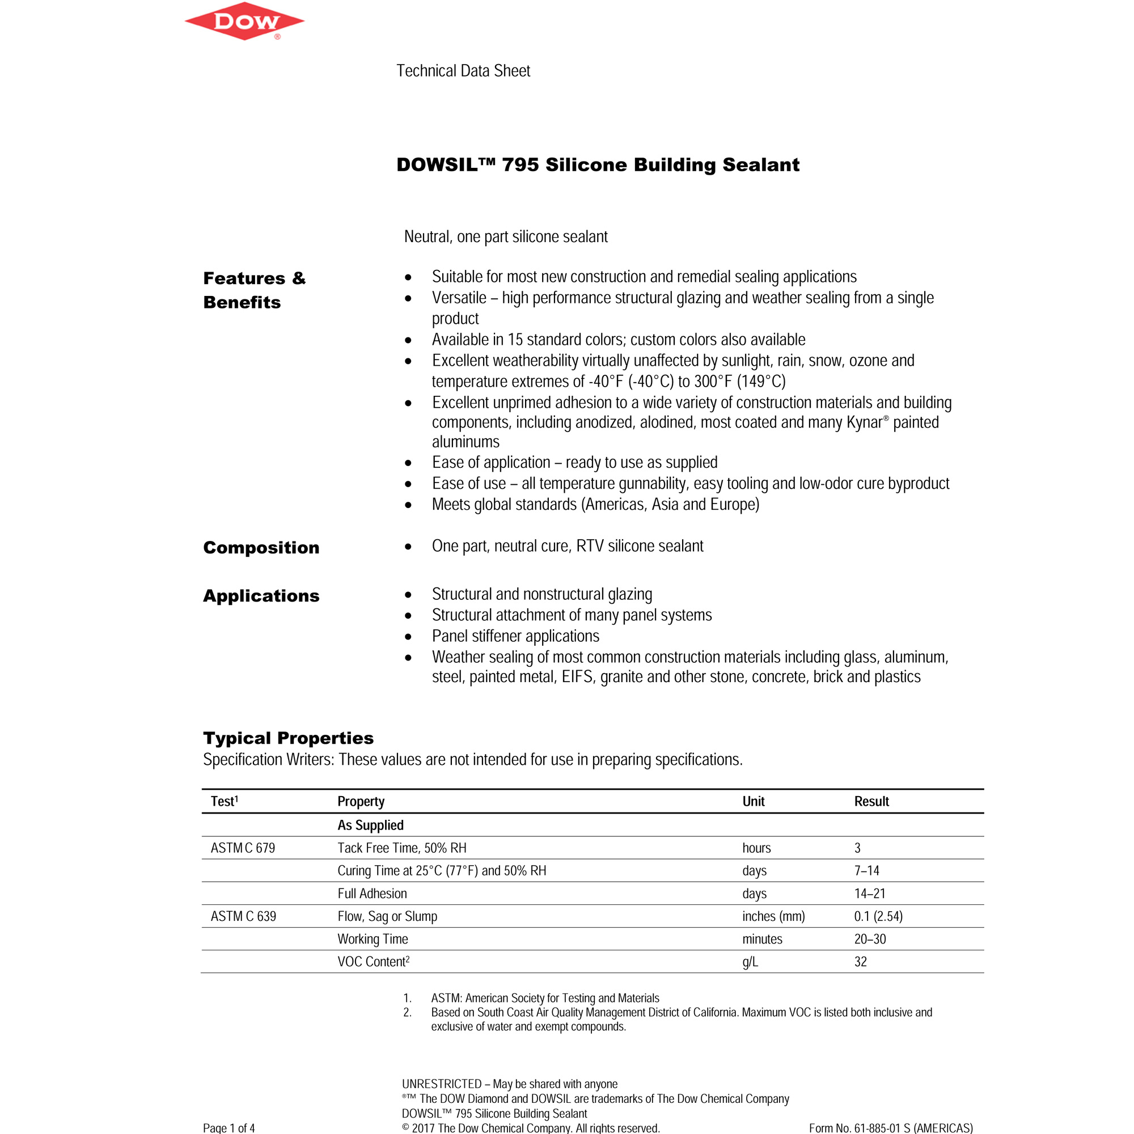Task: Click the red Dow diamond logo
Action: pos(244,22)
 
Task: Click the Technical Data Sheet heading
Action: pos(463,71)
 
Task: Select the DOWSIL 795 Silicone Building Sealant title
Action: pos(598,165)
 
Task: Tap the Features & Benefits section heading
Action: pos(254,290)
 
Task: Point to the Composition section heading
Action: pos(261,548)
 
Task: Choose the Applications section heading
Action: pos(261,596)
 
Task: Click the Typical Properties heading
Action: pos(288,738)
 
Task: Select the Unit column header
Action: pos(753,802)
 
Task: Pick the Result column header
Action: pos(871,802)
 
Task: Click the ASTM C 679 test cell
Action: pos(243,848)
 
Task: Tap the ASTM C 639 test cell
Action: pos(243,916)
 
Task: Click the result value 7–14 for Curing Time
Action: pos(866,871)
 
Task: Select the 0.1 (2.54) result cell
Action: pos(878,916)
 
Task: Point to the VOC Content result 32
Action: pos(861,962)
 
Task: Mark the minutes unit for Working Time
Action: pos(762,939)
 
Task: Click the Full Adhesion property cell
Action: pos(372,894)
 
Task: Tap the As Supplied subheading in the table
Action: pos(370,825)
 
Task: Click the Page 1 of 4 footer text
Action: pos(229,1128)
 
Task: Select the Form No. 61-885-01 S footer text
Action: pos(890,1128)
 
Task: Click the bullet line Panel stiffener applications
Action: pos(515,636)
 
